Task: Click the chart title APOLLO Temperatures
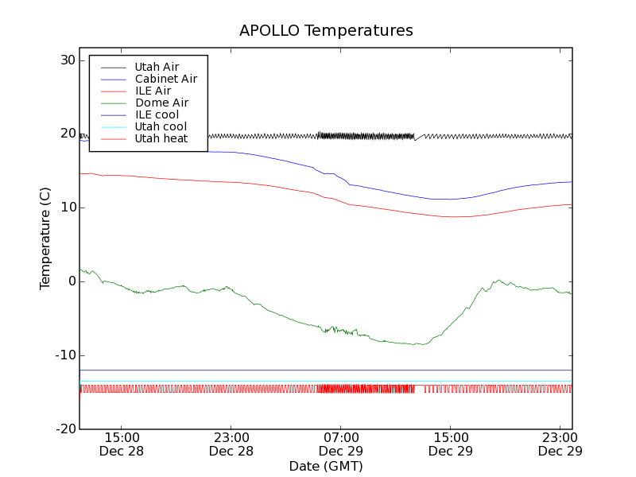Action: click(x=326, y=31)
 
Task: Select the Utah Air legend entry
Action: click(x=157, y=67)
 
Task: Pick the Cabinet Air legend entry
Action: click(x=165, y=79)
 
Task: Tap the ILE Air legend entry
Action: click(x=153, y=91)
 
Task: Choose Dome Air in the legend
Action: click(x=161, y=103)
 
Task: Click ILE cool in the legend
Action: click(x=157, y=114)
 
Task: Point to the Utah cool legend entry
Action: click(x=161, y=126)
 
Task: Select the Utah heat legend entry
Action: click(x=161, y=138)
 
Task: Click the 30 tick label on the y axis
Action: click(x=67, y=60)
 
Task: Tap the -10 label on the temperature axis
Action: click(x=64, y=355)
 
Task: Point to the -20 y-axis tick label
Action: click(x=64, y=429)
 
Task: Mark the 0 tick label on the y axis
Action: click(x=71, y=281)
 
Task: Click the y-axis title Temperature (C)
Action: click(x=45, y=238)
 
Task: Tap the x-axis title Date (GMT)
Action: click(x=326, y=466)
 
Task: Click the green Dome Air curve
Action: click(x=278, y=314)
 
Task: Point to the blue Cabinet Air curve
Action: click(x=397, y=193)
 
